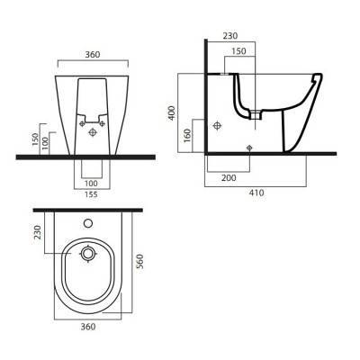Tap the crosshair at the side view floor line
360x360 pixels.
tap(247, 146)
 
